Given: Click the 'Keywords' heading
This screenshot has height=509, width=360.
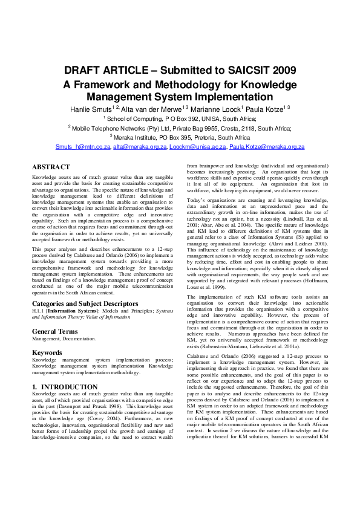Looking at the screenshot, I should coord(47,352).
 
